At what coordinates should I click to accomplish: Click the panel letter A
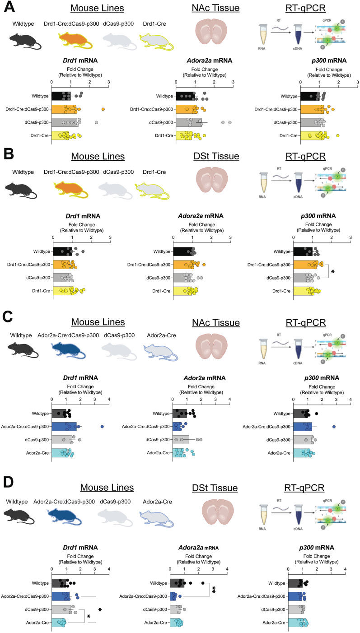coord(9,8)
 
